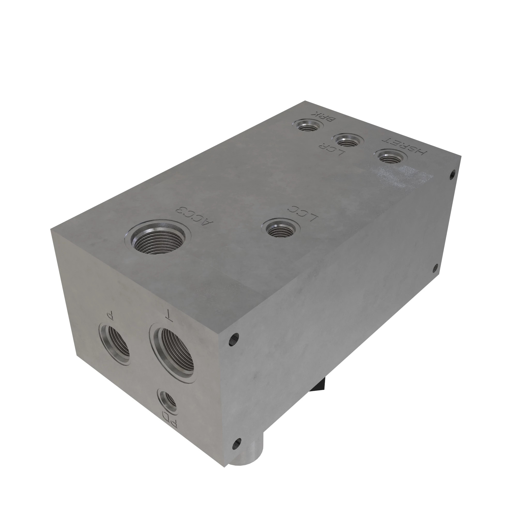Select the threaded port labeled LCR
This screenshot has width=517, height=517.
tap(347, 140)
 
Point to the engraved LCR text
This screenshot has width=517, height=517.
tap(332, 150)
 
